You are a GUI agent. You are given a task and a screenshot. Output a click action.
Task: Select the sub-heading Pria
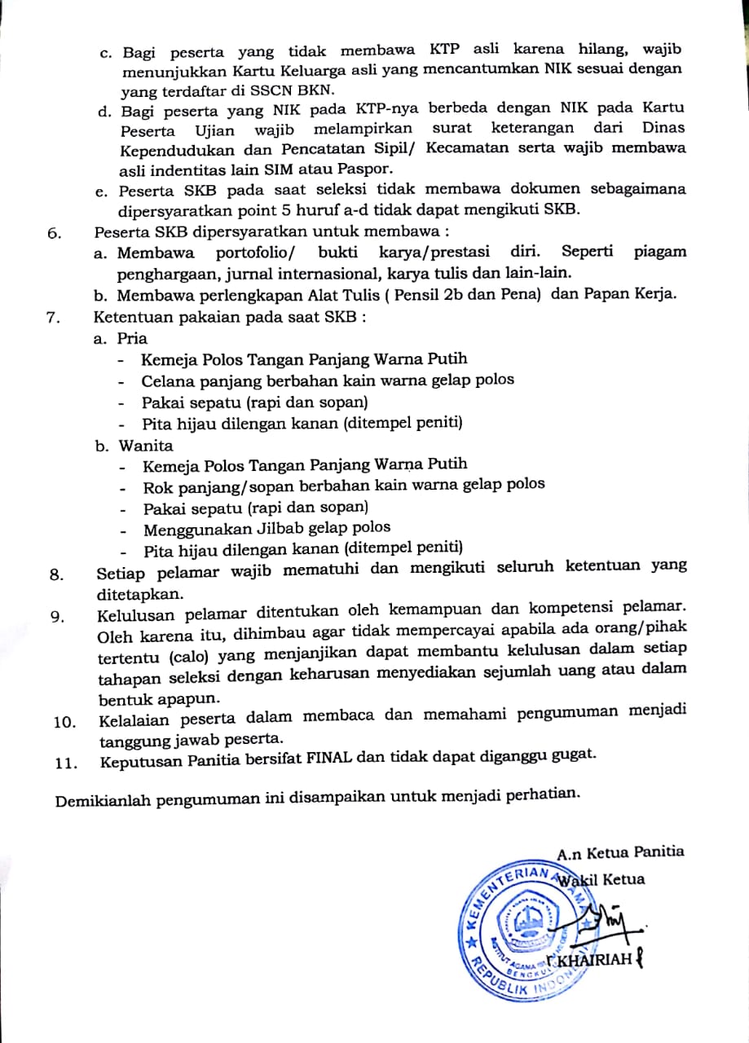(x=133, y=337)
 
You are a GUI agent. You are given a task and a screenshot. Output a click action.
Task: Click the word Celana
(x=167, y=380)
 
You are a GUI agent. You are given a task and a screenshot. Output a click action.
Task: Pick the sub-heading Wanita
(x=146, y=445)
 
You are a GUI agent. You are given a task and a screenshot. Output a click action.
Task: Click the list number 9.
(x=57, y=616)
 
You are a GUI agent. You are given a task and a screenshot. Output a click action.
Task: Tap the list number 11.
(x=64, y=763)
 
